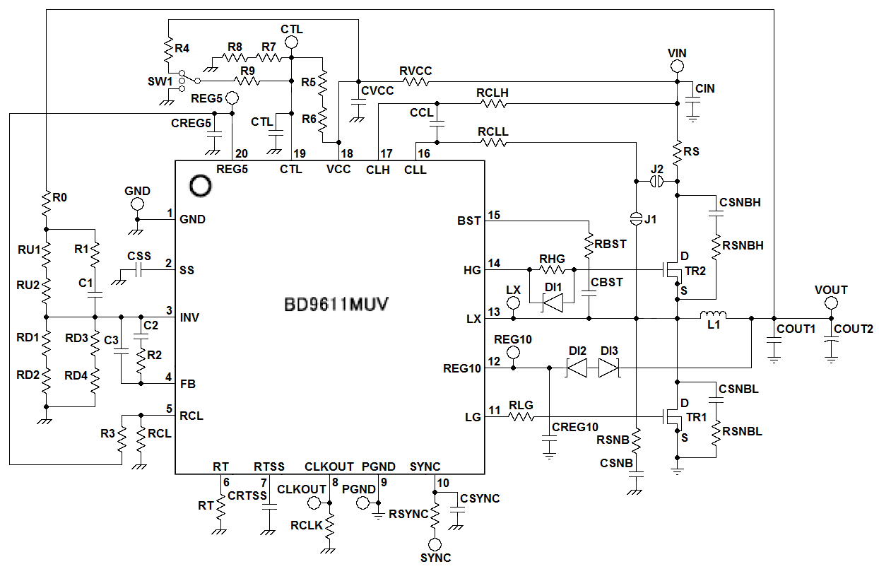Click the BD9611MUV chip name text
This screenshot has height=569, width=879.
pyautogui.click(x=336, y=305)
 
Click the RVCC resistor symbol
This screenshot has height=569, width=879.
pyautogui.click(x=415, y=81)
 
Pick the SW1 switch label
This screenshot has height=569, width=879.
pyautogui.click(x=160, y=81)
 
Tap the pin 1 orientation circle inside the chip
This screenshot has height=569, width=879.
pyautogui.click(x=201, y=187)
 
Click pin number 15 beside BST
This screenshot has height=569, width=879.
pyautogui.click(x=494, y=215)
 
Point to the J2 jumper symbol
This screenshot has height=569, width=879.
pyautogui.click(x=656, y=182)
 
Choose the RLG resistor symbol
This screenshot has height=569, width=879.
pyautogui.click(x=521, y=417)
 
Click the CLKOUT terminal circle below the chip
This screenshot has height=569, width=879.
pyautogui.click(x=314, y=503)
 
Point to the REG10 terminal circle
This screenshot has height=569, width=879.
pyautogui.click(x=513, y=352)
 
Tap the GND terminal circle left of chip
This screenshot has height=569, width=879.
pyautogui.click(x=137, y=204)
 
